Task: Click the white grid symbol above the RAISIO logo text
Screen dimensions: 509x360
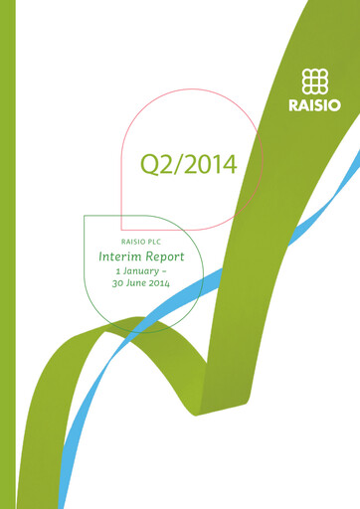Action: (x=315, y=81)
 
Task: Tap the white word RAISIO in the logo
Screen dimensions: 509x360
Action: (x=315, y=102)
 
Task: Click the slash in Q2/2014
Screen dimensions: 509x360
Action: (x=176, y=165)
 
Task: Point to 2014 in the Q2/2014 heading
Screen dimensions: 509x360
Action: (x=209, y=165)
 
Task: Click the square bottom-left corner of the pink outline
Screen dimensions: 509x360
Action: (x=121, y=230)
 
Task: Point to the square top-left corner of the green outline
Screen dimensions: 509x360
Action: (x=85, y=217)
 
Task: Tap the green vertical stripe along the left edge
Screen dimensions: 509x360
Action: (x=8, y=254)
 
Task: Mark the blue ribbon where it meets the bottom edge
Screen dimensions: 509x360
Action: (x=67, y=504)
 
